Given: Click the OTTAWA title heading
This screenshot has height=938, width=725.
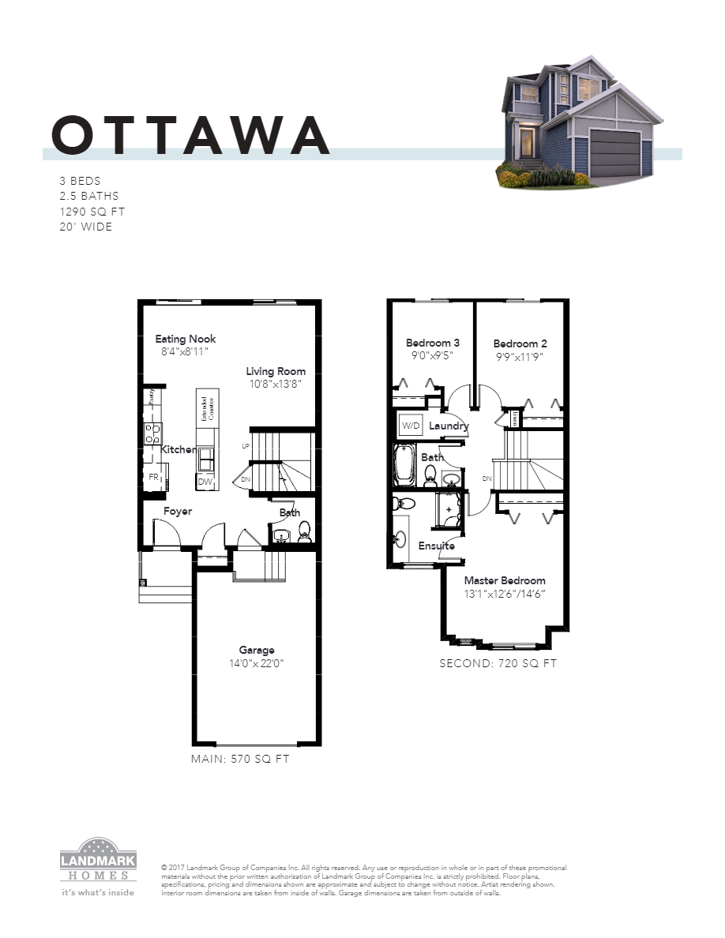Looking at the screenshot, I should [190, 135].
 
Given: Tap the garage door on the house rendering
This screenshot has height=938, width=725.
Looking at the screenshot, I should [614, 152].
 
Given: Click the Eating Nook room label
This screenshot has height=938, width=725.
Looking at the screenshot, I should [186, 339].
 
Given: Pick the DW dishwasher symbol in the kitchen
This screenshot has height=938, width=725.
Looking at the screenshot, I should [205, 482].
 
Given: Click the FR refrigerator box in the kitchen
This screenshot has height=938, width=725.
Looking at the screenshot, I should [154, 477].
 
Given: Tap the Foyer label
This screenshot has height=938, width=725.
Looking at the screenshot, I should [178, 512].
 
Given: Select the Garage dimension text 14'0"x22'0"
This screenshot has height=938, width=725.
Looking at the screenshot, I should [250, 664].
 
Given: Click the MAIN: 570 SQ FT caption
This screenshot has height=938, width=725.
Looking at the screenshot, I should [240, 759].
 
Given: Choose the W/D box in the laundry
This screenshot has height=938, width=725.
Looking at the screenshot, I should [411, 426].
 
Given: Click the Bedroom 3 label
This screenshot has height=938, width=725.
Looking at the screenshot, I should [433, 343].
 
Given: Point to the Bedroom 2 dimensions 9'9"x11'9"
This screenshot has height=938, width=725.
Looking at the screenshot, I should [519, 357].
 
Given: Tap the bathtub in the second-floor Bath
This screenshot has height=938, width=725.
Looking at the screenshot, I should [404, 465].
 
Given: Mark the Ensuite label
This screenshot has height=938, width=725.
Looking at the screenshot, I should [436, 546].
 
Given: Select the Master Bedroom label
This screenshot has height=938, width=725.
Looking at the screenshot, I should [504, 580].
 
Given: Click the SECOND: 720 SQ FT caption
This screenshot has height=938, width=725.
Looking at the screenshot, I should [498, 664].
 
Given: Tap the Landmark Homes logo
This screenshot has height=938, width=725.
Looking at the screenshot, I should [99, 865].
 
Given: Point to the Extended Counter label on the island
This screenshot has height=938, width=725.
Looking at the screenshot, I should [204, 410].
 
